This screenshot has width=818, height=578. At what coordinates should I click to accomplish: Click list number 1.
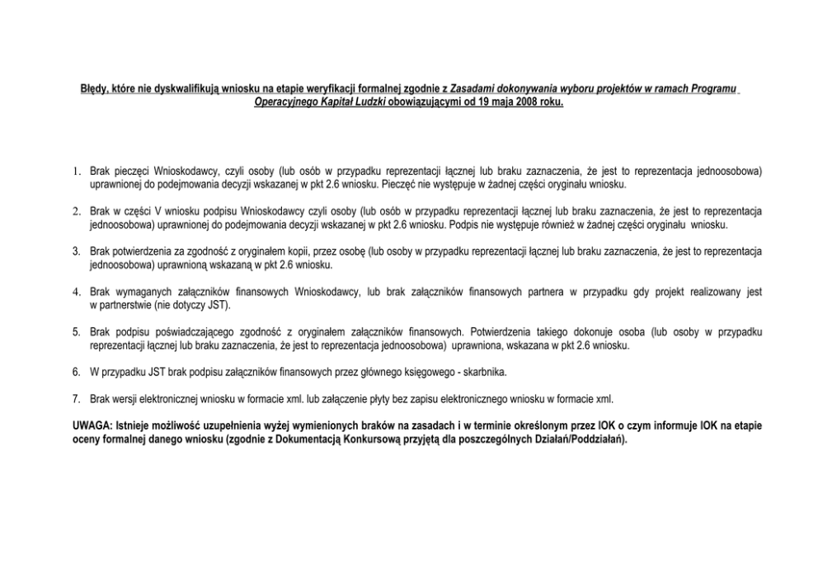tap(76, 172)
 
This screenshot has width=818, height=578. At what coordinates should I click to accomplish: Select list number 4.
tap(76, 291)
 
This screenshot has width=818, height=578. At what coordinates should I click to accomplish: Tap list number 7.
tap(76, 398)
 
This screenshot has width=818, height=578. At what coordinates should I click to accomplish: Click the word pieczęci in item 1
tap(130, 172)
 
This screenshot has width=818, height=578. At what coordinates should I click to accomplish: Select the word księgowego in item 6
tap(417, 372)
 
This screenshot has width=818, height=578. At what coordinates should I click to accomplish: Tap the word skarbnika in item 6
tap(484, 372)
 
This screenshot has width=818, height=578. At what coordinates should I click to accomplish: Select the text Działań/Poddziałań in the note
tap(580, 439)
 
